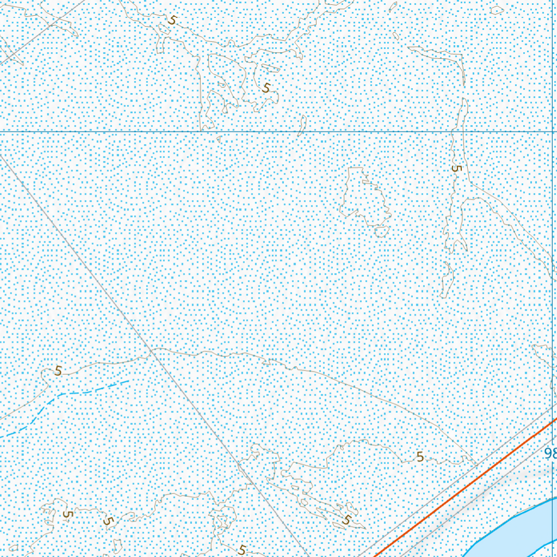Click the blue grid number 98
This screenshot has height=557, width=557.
click(549, 453)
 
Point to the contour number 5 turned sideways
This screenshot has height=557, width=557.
click(456, 169)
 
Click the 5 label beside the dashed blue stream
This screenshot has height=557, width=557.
click(58, 371)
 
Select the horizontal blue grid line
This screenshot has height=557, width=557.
click(272, 132)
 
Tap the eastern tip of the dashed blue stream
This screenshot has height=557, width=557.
click(129, 381)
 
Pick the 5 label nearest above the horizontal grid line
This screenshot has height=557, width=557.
click(266, 88)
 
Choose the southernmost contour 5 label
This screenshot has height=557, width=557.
click(242, 550)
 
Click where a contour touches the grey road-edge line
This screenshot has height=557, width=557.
click(477, 465)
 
